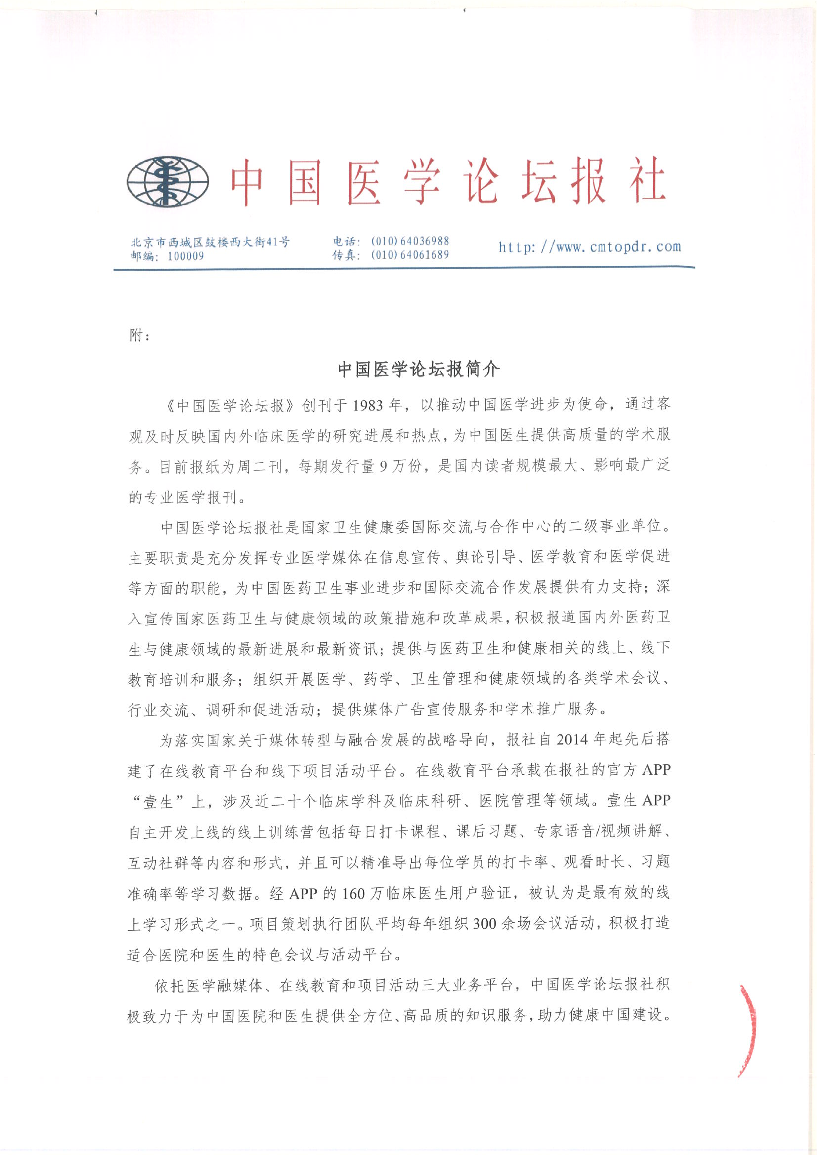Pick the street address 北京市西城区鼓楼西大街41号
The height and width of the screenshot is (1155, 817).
tap(210, 242)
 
